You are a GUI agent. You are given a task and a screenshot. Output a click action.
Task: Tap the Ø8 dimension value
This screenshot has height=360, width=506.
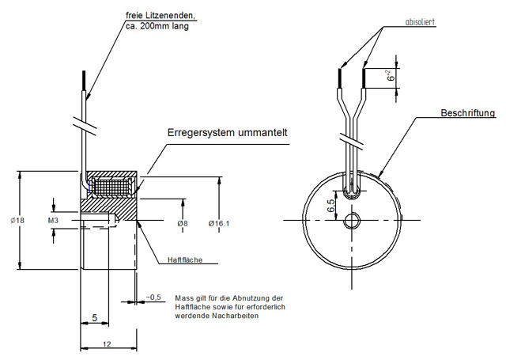(x=183, y=224)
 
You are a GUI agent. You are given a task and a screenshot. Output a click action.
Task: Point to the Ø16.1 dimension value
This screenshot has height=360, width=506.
(x=218, y=224)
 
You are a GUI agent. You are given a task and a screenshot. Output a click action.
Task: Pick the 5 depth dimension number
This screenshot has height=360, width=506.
(x=94, y=318)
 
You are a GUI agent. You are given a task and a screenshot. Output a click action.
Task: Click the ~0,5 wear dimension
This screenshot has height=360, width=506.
(x=153, y=297)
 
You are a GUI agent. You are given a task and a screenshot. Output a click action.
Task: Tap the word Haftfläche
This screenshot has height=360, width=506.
(x=186, y=259)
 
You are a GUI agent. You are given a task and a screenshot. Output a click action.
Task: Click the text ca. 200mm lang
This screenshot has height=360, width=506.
(x=157, y=25)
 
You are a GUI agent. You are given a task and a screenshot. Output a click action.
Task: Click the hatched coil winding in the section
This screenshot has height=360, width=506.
(x=111, y=188)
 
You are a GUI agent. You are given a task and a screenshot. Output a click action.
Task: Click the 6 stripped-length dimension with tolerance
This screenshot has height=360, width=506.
(x=388, y=77)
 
